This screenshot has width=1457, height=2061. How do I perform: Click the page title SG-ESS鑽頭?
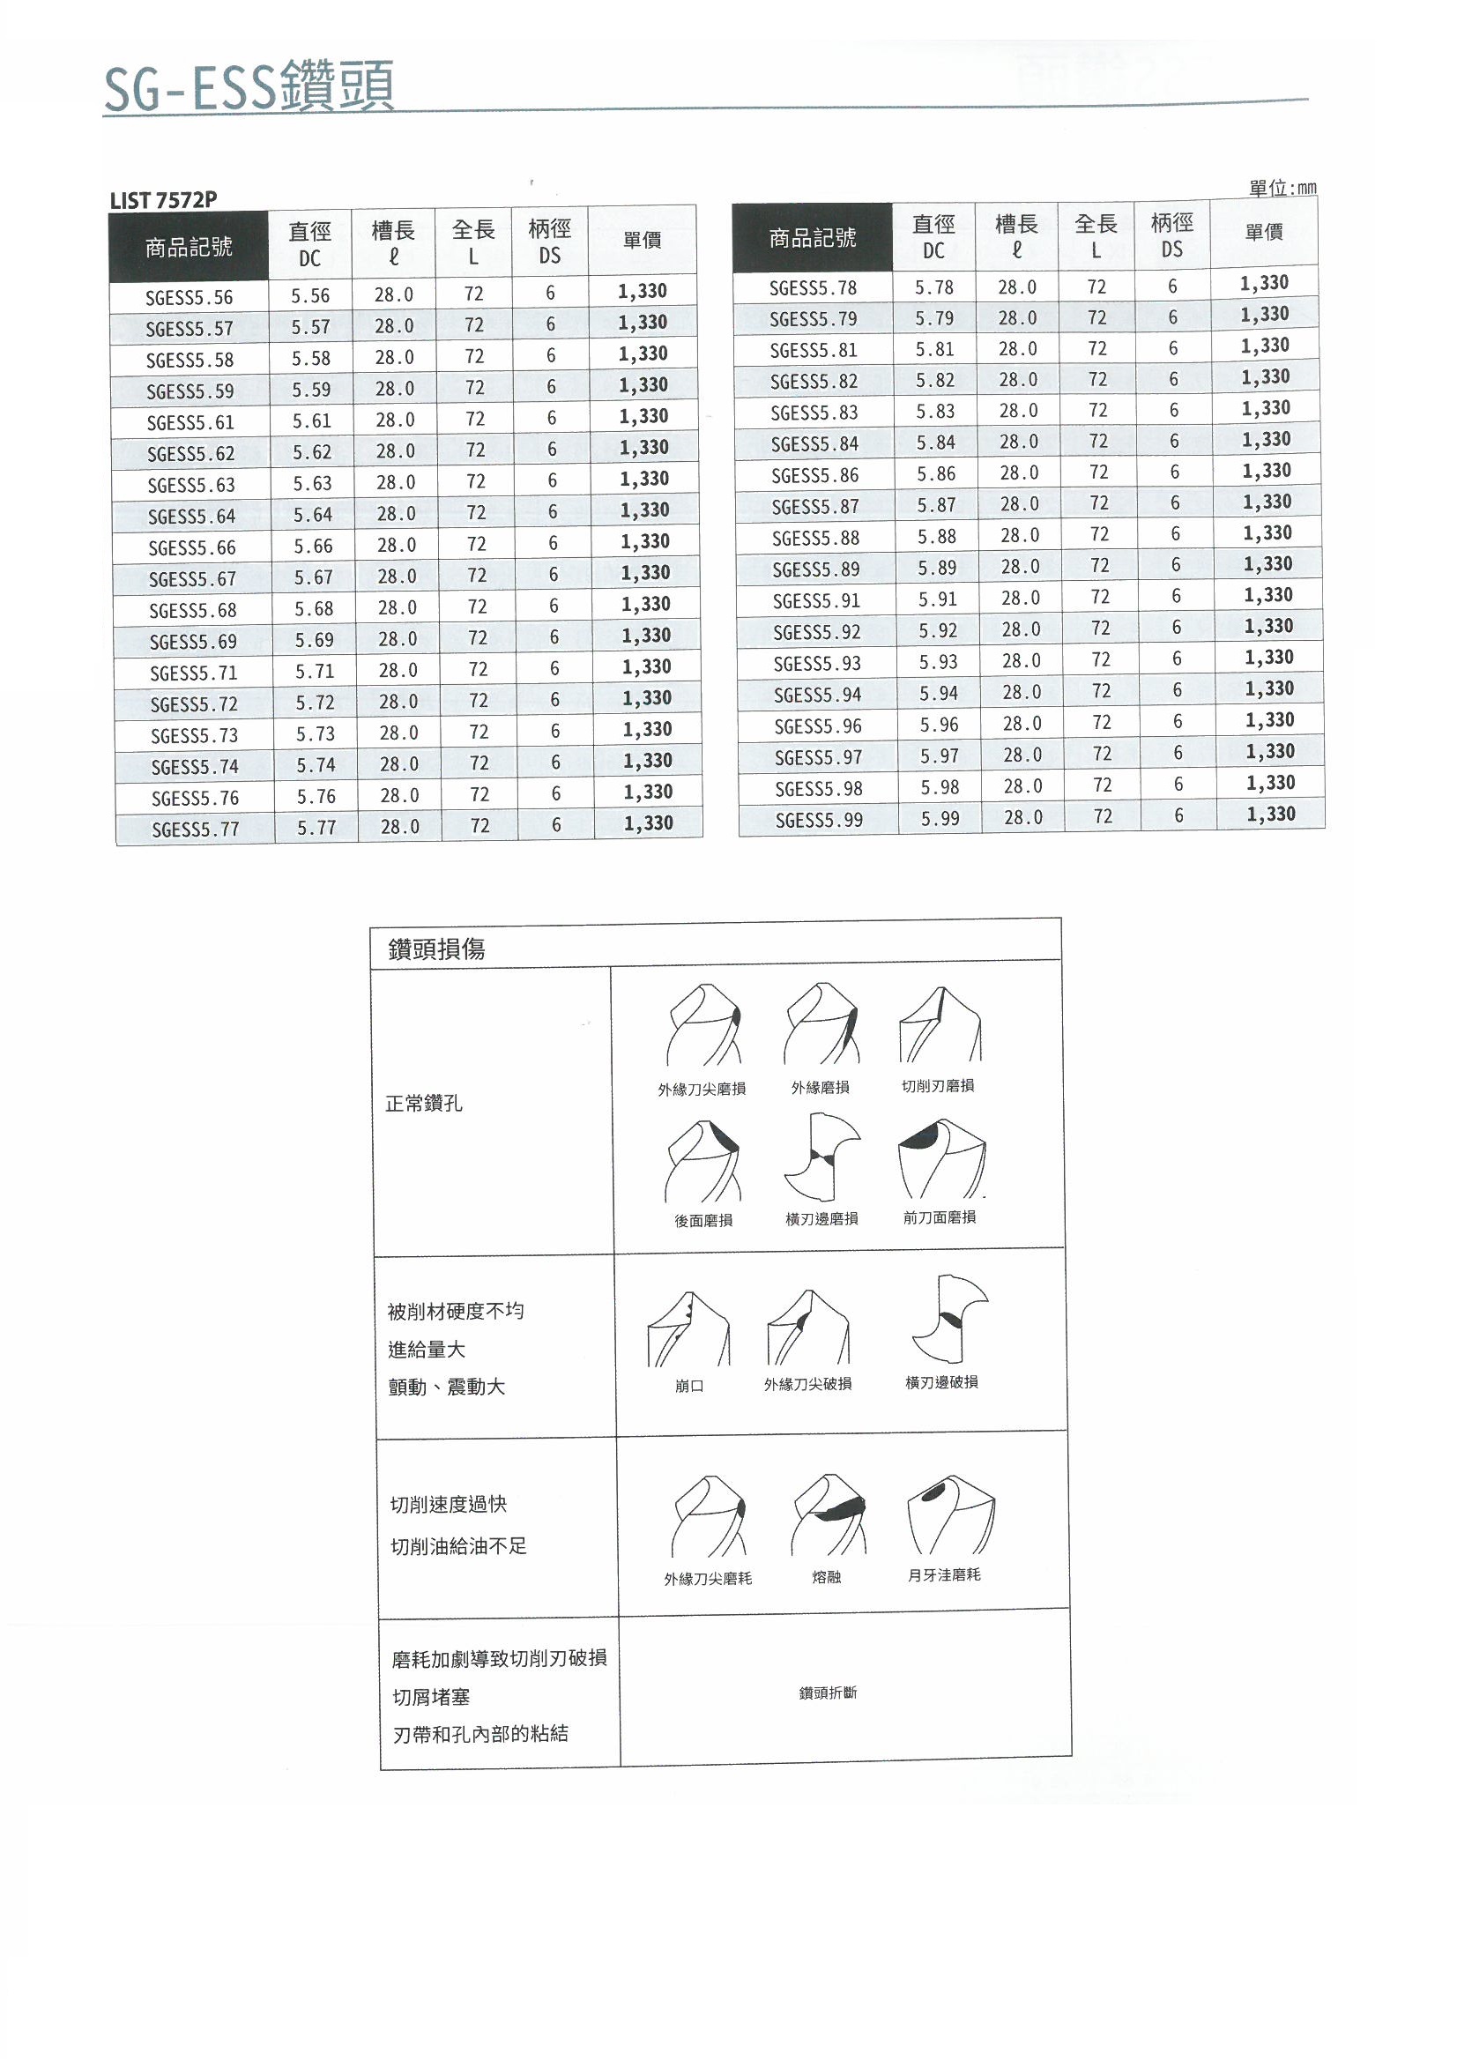point(249,88)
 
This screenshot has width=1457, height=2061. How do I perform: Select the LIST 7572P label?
point(163,200)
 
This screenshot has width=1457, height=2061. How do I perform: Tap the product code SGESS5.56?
point(190,297)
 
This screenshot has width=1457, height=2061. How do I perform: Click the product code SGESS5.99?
point(819,819)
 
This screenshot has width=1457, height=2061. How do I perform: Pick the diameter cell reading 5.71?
point(314,671)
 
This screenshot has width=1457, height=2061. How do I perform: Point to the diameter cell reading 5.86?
point(936,474)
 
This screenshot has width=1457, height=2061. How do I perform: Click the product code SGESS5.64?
point(191,517)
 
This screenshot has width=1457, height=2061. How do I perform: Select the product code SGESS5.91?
point(816,599)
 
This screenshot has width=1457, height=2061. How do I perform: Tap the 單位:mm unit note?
point(1282,189)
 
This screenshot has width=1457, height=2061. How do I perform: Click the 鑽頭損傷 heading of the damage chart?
point(436,949)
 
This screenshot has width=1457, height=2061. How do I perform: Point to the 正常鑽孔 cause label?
point(424,1103)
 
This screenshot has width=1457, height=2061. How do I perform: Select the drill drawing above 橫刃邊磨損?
point(821,1158)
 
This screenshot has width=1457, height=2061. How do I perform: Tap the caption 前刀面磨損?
point(939,1217)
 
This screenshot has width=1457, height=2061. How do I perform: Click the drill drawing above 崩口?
point(688,1329)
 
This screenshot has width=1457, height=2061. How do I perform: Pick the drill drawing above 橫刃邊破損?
point(950,1319)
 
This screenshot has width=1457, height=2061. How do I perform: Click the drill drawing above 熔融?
point(829,1515)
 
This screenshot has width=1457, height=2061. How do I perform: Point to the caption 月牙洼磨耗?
point(943,1574)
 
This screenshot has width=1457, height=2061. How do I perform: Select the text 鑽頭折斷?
point(828,1692)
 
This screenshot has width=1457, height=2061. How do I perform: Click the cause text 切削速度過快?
point(448,1504)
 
